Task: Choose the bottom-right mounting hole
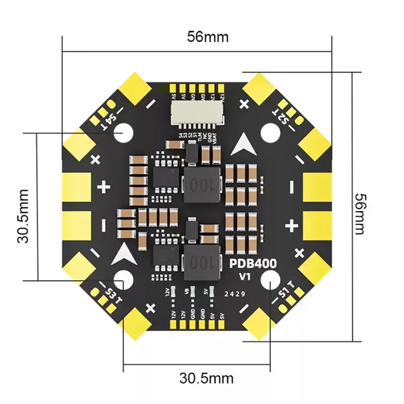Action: coord(271,279)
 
